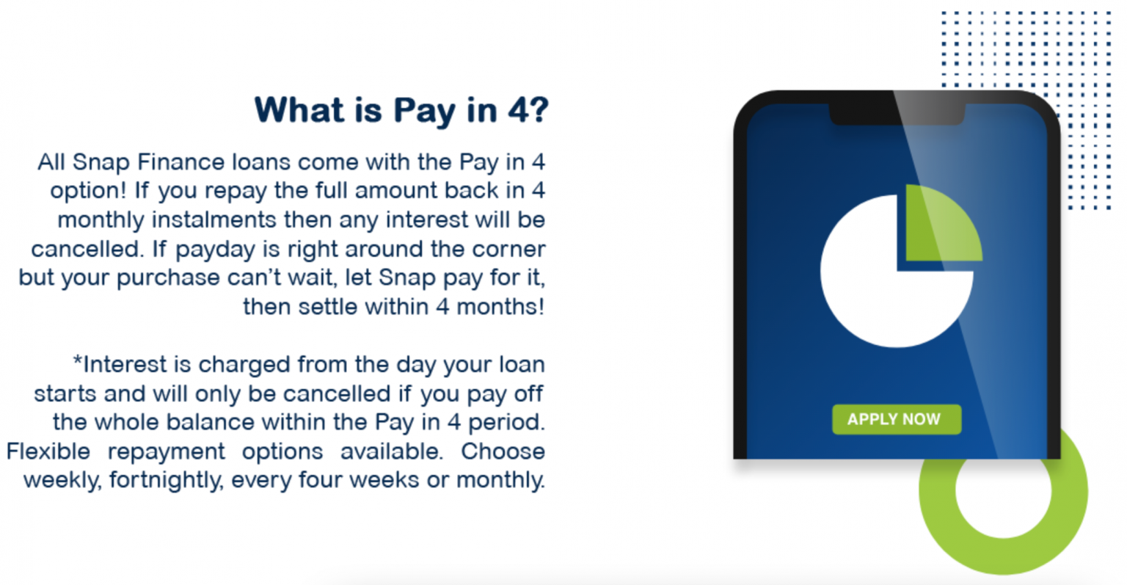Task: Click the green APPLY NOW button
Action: click(x=896, y=419)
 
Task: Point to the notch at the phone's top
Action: click(x=896, y=115)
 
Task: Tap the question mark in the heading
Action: click(x=537, y=110)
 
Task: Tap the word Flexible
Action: click(x=48, y=451)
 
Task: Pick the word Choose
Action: click(x=503, y=451)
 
